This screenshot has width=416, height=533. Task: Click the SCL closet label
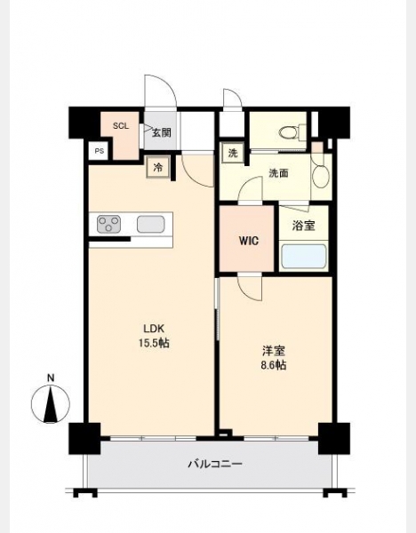pos(121,126)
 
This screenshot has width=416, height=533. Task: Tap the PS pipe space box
pos(99,151)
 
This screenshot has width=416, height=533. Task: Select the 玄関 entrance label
pos(161,132)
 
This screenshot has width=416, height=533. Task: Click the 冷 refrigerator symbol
pos(158,167)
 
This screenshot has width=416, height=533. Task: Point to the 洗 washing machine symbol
pos(233,154)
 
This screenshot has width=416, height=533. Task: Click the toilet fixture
pos(292,131)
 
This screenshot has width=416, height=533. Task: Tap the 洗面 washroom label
pos(278,173)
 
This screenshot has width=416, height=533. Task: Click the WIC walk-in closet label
pos(248,241)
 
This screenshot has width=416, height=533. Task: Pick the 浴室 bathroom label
pos(303,226)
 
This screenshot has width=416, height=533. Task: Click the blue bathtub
pos(304,256)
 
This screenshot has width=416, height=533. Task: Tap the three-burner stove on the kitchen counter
pos(108,225)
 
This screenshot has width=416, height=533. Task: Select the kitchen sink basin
pos(151,225)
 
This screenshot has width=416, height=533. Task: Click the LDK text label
pos(154,329)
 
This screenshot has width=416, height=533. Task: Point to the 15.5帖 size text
pos(154,343)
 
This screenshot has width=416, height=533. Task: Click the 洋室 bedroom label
pos(274,351)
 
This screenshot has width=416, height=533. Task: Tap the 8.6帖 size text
pos(274,365)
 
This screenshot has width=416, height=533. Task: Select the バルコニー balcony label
pos(215,464)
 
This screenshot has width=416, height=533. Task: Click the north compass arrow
pos(51,404)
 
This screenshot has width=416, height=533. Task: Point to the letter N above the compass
pos(51,378)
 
